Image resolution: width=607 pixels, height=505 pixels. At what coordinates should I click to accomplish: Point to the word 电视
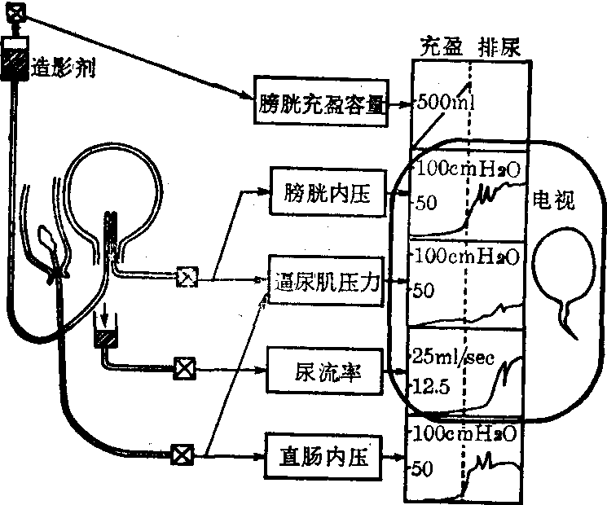click(555, 200)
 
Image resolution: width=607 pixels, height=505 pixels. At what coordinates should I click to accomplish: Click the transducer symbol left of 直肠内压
click(181, 454)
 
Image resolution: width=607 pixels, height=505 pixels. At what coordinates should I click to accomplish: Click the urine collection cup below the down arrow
click(108, 335)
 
